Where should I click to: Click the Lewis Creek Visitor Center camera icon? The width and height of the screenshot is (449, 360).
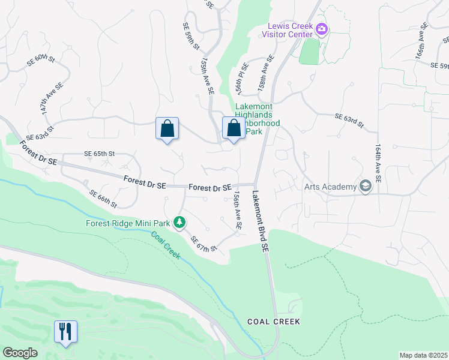(x=322, y=29)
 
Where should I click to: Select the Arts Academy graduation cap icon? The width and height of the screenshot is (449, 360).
(x=364, y=187)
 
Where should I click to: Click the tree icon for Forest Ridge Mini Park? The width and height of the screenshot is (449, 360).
(x=179, y=223)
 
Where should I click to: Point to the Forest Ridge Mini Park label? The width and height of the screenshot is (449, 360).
(x=128, y=223)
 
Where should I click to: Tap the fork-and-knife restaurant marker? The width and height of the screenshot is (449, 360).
(x=66, y=331)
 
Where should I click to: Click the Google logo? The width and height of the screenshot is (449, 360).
(x=20, y=353)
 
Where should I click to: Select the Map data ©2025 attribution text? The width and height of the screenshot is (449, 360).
(x=423, y=355)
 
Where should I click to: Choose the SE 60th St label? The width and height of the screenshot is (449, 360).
(x=41, y=60)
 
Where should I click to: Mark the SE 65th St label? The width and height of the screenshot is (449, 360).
(x=99, y=154)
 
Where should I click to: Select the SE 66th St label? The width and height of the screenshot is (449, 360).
(x=103, y=199)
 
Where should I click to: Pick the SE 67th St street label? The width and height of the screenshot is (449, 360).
(x=203, y=244)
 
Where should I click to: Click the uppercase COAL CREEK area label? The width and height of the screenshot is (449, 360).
(x=273, y=322)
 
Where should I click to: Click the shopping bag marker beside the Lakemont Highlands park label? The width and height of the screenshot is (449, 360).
(x=234, y=128)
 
